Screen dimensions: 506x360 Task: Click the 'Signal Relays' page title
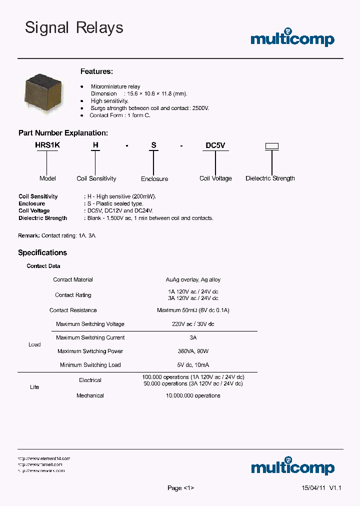click(x=74, y=28)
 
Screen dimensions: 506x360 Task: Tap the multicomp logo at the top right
click(x=292, y=38)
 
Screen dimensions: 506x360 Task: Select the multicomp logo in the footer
click(x=292, y=466)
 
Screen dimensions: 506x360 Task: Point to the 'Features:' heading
click(x=96, y=71)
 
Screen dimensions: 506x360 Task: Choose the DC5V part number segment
click(x=215, y=145)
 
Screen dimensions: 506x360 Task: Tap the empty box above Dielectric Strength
click(x=271, y=146)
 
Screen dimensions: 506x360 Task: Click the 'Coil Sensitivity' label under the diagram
click(x=96, y=178)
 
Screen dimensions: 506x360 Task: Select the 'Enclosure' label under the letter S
click(x=154, y=179)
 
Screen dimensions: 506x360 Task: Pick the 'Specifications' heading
click(x=42, y=252)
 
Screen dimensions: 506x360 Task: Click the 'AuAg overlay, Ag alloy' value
click(x=193, y=279)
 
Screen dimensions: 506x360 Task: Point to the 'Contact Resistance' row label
click(x=73, y=310)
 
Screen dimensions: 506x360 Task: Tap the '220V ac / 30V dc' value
click(x=193, y=324)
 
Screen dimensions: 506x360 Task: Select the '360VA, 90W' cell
click(x=193, y=351)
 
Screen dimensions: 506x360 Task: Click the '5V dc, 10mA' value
click(x=193, y=365)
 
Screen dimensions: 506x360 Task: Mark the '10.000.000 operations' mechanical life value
click(x=193, y=395)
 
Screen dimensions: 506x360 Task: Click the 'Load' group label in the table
click(x=34, y=344)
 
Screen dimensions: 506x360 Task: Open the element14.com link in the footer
click(x=44, y=458)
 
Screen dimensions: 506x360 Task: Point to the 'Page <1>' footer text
click(x=180, y=488)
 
